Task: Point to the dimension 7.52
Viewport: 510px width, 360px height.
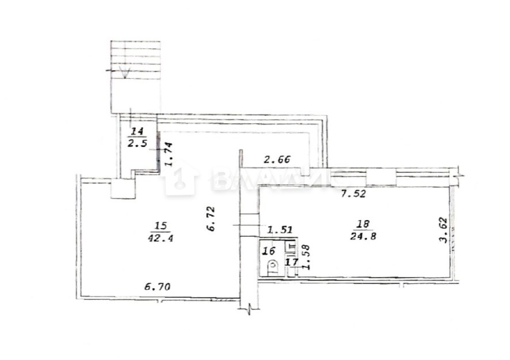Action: pyautogui.click(x=353, y=194)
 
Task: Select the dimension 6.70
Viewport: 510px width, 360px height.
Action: pyautogui.click(x=157, y=287)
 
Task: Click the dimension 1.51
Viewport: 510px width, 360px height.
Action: pyautogui.click(x=279, y=229)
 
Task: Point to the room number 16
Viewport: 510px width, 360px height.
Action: pyautogui.click(x=269, y=251)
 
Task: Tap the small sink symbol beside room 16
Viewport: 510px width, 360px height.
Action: pyautogui.click(x=291, y=247)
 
